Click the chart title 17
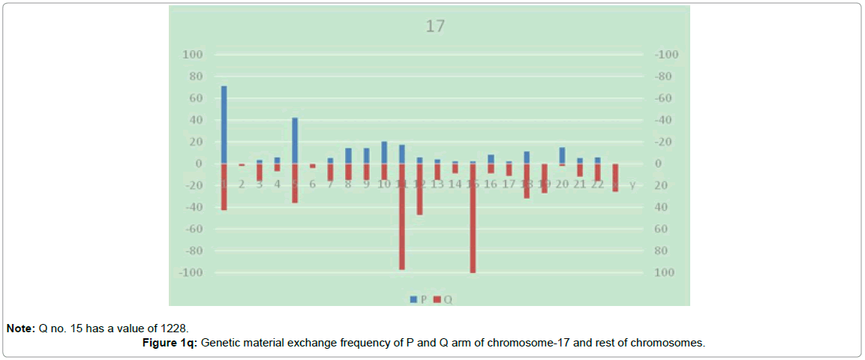pyautogui.click(x=435, y=26)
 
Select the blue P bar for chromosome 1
pyautogui.click(x=224, y=124)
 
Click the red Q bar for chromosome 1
pyautogui.click(x=224, y=187)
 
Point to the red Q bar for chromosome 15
pyautogui.click(x=473, y=217)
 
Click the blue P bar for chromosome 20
pyautogui.click(x=562, y=155)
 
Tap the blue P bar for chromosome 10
pyautogui.click(x=384, y=152)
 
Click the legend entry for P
pyautogui.click(x=419, y=299)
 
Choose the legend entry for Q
pyautogui.click(x=443, y=299)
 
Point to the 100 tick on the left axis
pyautogui.click(x=193, y=55)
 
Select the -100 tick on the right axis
pyautogui.click(x=667, y=55)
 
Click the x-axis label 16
pyautogui.click(x=491, y=184)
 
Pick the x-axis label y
pyautogui.click(x=632, y=184)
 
